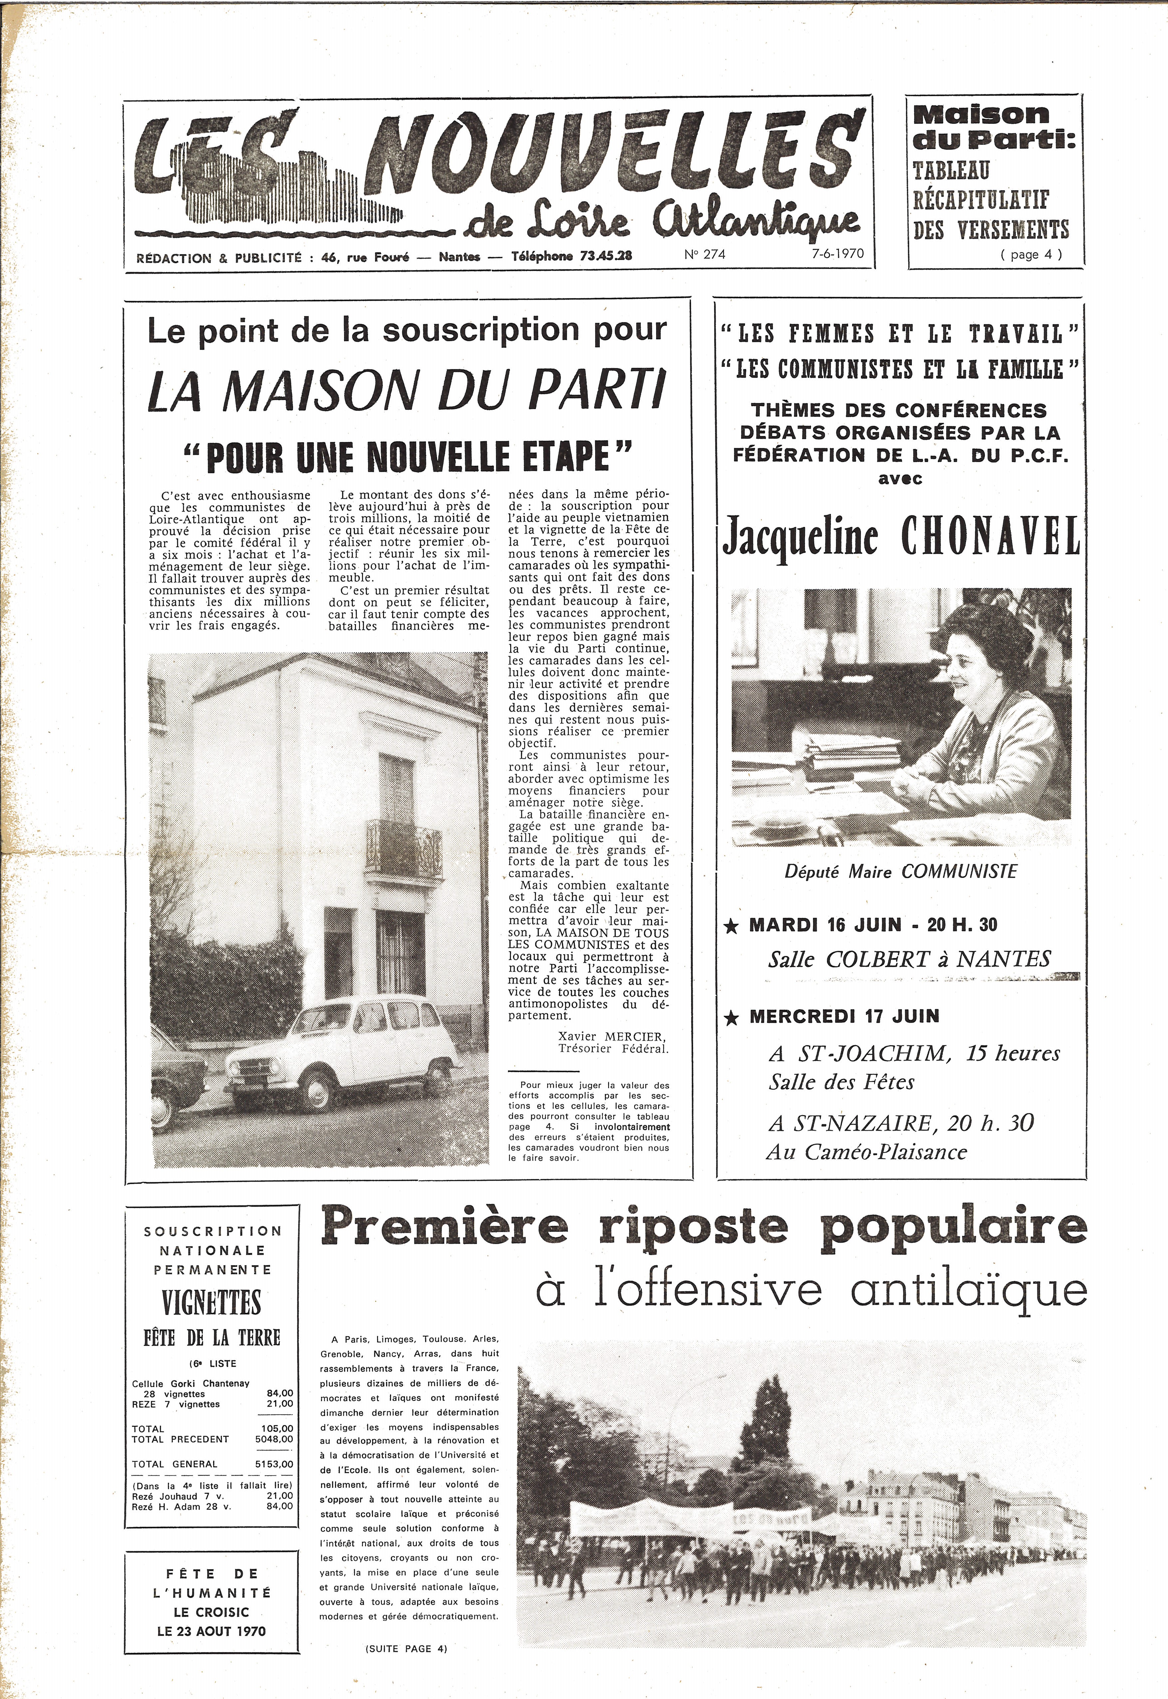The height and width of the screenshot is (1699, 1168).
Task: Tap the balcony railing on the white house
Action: (x=404, y=850)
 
